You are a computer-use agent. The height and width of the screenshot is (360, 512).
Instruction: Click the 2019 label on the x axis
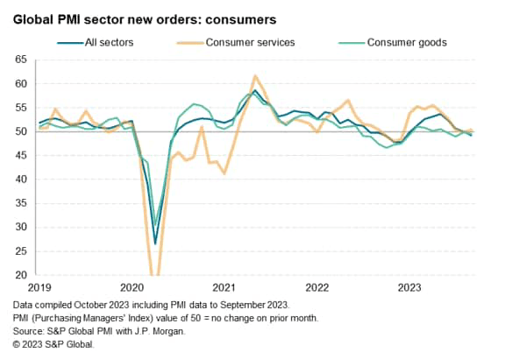coord(39,286)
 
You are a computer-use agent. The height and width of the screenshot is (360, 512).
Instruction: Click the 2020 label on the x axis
coord(132,286)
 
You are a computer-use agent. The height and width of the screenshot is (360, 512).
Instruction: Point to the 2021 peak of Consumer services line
coord(255,76)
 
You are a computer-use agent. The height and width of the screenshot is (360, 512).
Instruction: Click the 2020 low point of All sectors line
coord(155,244)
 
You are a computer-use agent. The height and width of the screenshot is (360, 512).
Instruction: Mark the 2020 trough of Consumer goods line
coord(156,226)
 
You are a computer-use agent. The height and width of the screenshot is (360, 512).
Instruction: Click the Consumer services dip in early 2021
coord(224,173)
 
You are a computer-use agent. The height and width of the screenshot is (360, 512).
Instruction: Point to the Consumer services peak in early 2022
coord(347,100)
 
